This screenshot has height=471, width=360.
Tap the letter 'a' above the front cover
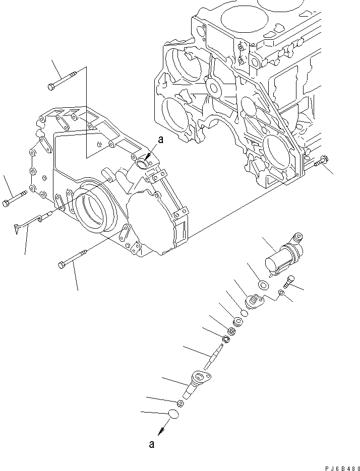click(160, 142)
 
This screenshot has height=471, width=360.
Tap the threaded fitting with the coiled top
click(254, 302)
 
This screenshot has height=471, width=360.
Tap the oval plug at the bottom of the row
click(172, 415)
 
